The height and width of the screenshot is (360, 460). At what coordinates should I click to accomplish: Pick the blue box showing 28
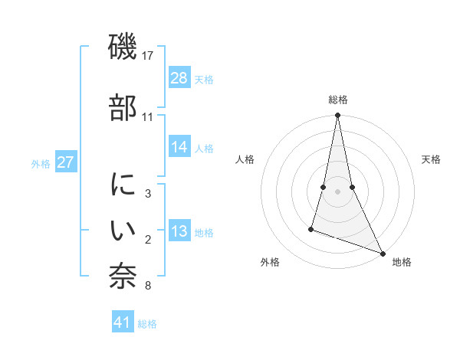click(x=179, y=79)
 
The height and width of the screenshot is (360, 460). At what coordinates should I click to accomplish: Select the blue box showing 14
click(x=179, y=148)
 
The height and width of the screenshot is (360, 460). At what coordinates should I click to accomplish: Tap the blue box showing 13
click(x=179, y=232)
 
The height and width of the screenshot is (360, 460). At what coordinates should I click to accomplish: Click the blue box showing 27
click(x=66, y=163)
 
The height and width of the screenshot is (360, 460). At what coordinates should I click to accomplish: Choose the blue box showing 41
click(x=123, y=323)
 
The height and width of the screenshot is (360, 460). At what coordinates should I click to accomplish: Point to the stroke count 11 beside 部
click(x=148, y=117)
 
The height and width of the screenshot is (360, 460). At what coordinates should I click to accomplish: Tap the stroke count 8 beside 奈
click(x=148, y=286)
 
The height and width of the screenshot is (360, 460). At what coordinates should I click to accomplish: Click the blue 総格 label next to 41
click(x=147, y=324)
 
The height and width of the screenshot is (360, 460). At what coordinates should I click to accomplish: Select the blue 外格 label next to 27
click(x=41, y=164)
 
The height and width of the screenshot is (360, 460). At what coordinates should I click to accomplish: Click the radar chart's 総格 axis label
click(x=337, y=100)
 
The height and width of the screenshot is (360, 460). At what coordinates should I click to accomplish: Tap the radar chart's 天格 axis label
click(x=432, y=159)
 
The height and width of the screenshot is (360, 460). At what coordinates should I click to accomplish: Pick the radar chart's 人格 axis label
click(x=245, y=159)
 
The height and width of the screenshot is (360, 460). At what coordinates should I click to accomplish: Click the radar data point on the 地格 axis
click(x=383, y=253)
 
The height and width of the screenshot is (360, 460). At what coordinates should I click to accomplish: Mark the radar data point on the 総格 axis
click(x=337, y=116)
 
